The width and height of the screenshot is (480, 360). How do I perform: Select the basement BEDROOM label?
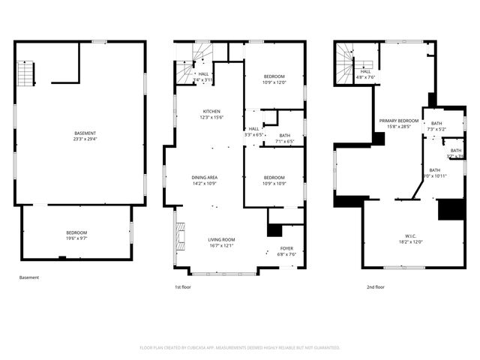pos(76,232)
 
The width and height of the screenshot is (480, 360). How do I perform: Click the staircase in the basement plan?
pos(26,73)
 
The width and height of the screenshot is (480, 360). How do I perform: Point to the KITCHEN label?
pos(211,111)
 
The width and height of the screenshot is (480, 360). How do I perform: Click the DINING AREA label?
pos(205,177)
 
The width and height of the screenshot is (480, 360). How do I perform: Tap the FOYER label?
pos(287,248)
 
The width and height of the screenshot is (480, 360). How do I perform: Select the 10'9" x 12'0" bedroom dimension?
pos(274,82)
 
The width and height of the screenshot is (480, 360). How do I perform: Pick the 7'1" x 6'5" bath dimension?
pos(284,141)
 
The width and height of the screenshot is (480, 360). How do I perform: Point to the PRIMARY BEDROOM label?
pos(398,121)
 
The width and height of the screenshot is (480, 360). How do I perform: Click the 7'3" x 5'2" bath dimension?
pos(436,129)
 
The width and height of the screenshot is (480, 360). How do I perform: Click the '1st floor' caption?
pos(183,286)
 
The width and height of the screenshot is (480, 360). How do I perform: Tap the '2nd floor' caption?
pos(375,286)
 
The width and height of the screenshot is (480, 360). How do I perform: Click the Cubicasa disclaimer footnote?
pos(240,347)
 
